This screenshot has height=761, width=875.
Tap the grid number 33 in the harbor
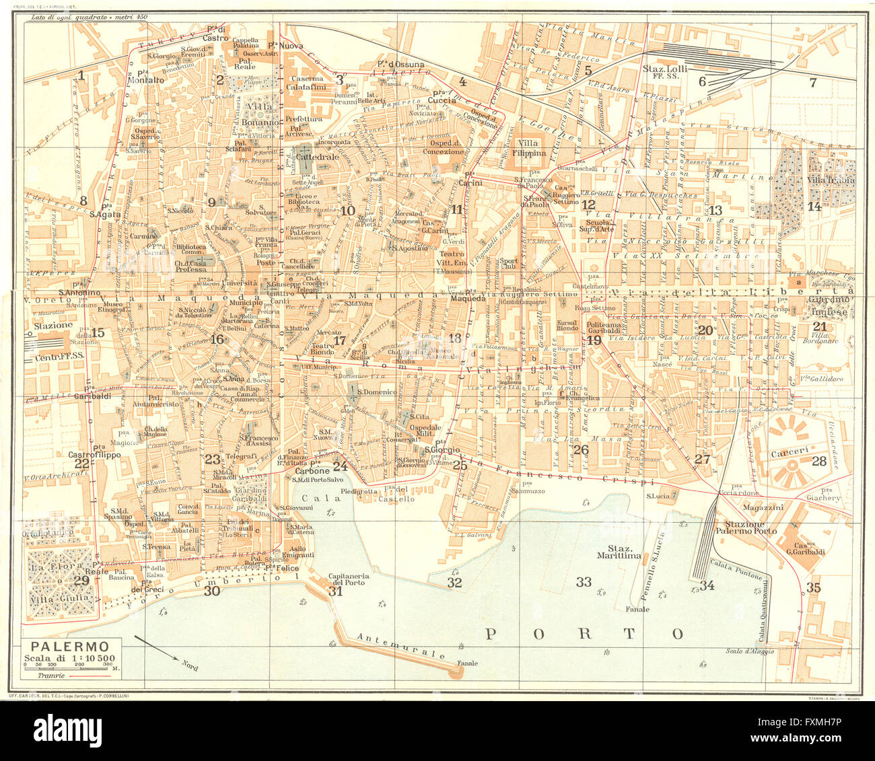[584, 581]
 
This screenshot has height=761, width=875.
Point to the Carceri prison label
[784, 444]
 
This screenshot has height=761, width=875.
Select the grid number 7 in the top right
[812, 83]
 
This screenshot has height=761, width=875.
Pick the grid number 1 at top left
[81, 75]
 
